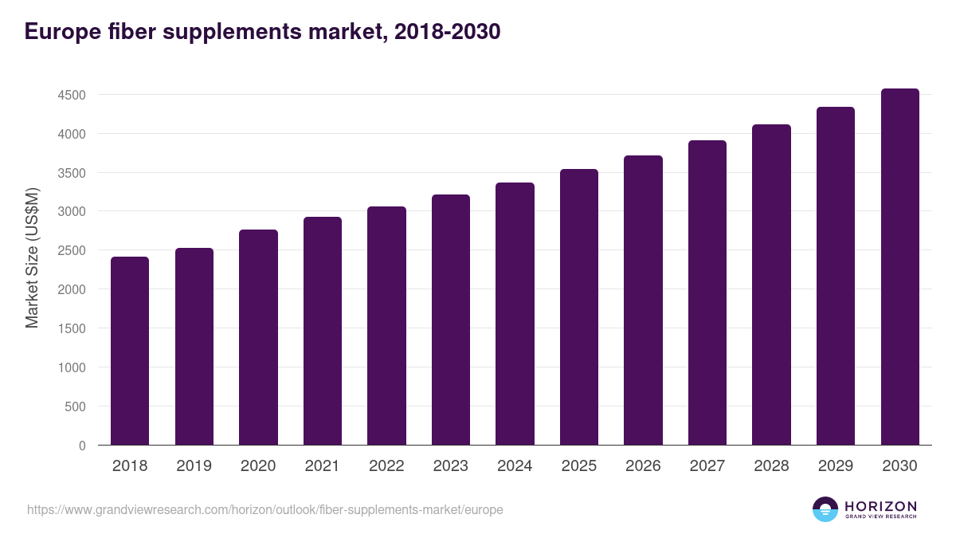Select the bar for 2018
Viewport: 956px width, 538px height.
(x=130, y=351)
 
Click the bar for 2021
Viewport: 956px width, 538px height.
(x=323, y=331)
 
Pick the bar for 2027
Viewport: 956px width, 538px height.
(x=707, y=293)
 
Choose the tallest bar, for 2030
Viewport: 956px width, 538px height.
(x=899, y=267)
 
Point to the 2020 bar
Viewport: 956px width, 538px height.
(x=258, y=337)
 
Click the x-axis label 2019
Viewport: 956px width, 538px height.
(x=194, y=466)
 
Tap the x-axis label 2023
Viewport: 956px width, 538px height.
(x=450, y=466)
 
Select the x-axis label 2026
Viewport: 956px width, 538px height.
(x=643, y=466)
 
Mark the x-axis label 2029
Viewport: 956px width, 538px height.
(x=835, y=466)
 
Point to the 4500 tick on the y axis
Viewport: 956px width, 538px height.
(x=71, y=96)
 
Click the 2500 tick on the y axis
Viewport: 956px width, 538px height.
(x=71, y=251)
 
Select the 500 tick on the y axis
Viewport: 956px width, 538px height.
(x=75, y=406)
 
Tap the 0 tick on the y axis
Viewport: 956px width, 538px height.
(x=81, y=446)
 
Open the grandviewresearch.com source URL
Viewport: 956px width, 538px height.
(x=264, y=509)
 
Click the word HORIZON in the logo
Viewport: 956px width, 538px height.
(x=880, y=506)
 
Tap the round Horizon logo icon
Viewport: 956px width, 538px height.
(x=825, y=509)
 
